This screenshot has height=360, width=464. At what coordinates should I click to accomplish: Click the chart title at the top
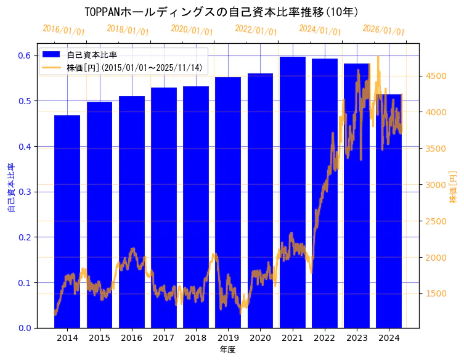pyautogui.click(x=222, y=12)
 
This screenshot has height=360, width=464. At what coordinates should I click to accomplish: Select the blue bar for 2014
pyautogui.click(x=67, y=222)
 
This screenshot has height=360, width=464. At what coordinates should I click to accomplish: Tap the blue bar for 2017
pyautogui.click(x=164, y=210)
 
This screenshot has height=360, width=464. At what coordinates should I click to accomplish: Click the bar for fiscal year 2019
pyautogui.click(x=228, y=203)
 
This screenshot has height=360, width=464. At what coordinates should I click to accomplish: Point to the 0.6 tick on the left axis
pyautogui.click(x=24, y=55)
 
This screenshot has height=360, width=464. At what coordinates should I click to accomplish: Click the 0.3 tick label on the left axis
pyautogui.click(x=24, y=192)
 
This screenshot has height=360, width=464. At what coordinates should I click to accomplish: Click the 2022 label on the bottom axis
pyautogui.click(x=325, y=338)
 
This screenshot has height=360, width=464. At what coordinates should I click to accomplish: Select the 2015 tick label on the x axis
pyautogui.click(x=99, y=338)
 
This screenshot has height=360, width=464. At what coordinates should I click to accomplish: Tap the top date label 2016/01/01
pyautogui.click(x=63, y=30)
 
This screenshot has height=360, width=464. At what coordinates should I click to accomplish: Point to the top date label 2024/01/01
pyautogui.click(x=320, y=30)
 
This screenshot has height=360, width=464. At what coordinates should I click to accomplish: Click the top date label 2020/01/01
pyautogui.click(x=192, y=30)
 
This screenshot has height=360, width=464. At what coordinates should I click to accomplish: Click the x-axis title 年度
pyautogui.click(x=228, y=350)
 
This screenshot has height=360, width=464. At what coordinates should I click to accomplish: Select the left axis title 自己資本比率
pyautogui.click(x=11, y=188)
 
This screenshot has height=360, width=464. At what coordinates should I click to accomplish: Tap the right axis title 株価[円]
pyautogui.click(x=454, y=188)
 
